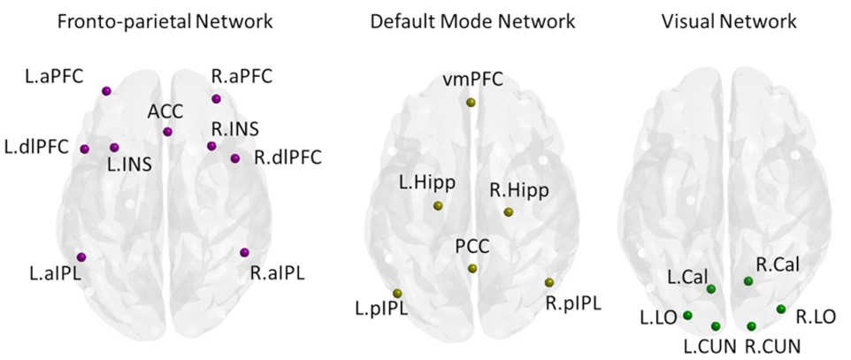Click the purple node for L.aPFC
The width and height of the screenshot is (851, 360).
pos(107,91)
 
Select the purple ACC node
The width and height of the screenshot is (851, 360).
pos(168,133)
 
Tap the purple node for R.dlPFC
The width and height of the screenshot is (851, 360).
pos(234,158)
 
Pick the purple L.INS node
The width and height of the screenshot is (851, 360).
pos(114,148)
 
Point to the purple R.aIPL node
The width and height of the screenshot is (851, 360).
pos(243,253)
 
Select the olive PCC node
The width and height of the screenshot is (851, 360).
pos(472,269)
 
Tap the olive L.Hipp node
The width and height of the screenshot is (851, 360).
pos(438,206)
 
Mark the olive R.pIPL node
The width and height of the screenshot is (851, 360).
pos(549,282)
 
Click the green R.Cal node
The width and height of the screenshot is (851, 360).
pos(748,281)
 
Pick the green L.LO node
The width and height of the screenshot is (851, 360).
pos(688,316)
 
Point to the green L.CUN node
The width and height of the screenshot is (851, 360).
pos(716,326)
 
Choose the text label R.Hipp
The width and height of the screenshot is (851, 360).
pos(518,189)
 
